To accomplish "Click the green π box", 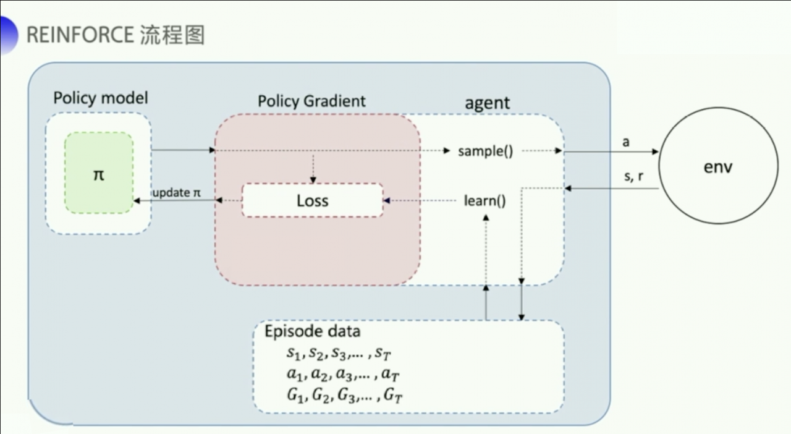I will point(99,174).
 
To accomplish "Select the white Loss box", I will point(312,200).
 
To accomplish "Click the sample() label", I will point(486,151).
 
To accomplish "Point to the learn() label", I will point(485,200).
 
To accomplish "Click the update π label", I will point(176,193).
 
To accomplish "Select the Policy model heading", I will point(101,98).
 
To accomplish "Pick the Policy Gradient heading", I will point(311,101).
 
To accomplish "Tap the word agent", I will point(487,103).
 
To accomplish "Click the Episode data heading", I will point(312,331).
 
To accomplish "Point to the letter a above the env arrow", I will point(625,142).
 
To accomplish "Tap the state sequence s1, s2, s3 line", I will point(339,354).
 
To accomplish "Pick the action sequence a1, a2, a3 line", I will point(339,374).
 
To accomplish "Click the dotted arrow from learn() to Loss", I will point(423,200).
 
